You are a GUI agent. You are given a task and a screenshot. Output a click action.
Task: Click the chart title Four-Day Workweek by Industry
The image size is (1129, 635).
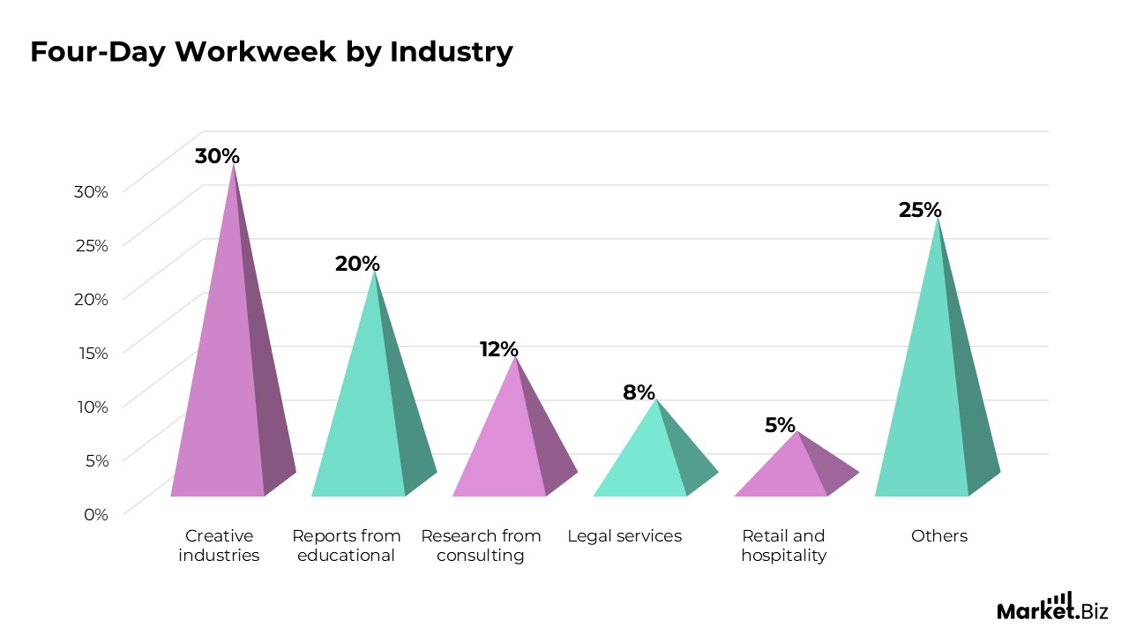coord(271,52)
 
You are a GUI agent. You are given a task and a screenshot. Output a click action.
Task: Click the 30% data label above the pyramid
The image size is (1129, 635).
coord(217,156)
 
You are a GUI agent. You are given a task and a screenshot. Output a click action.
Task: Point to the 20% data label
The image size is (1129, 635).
coord(357,264)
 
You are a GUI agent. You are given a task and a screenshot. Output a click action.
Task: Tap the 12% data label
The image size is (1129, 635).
coord(498,349)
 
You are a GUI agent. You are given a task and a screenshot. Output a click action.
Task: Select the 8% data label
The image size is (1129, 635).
coord(639,392)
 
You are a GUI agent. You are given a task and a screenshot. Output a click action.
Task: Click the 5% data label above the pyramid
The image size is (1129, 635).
coord(780,425)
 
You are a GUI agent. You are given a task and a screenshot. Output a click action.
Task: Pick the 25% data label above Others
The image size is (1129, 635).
coord(920,210)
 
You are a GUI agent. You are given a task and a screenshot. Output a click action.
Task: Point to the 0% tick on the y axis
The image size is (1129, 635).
coord(95,514)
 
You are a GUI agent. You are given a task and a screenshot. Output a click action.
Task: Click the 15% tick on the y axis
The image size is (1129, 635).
coord(92,353)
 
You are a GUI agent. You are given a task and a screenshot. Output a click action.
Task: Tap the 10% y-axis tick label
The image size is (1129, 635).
coord(92,407)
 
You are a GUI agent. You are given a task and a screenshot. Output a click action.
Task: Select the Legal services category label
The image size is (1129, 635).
coord(624,536)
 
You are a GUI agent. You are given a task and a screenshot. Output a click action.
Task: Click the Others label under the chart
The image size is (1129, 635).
coord(939,536)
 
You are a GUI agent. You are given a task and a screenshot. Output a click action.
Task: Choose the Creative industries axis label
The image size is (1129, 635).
coord(219,546)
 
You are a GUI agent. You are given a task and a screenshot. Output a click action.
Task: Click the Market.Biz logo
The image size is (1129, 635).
coord(1051,608)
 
